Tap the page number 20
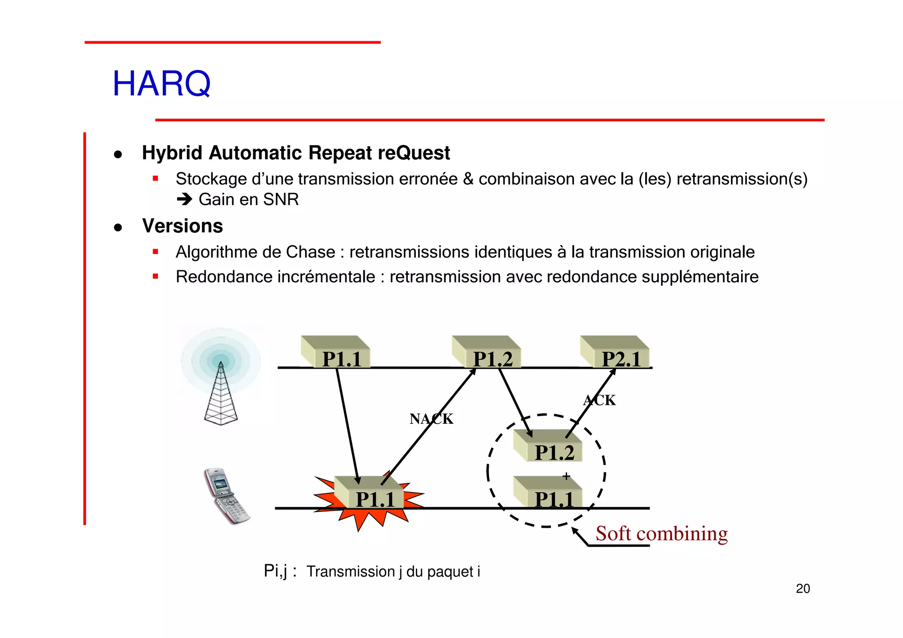point(802,589)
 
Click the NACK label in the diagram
point(431,418)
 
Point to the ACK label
point(599,400)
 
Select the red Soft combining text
point(661,534)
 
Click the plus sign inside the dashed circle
point(566,476)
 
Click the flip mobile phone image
point(226,496)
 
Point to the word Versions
point(182,226)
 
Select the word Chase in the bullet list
point(310,252)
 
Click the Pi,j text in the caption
point(275,571)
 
